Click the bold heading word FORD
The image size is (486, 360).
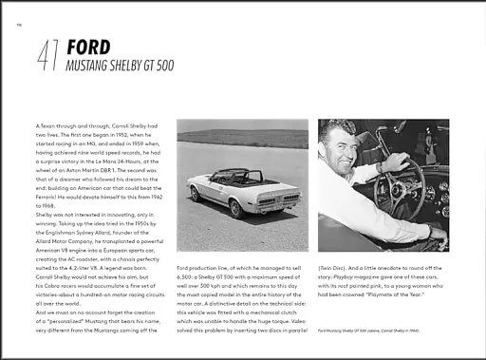[x=87, y=47]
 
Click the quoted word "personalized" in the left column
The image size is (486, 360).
[x=79, y=323]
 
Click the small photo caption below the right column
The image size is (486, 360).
[x=375, y=330]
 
